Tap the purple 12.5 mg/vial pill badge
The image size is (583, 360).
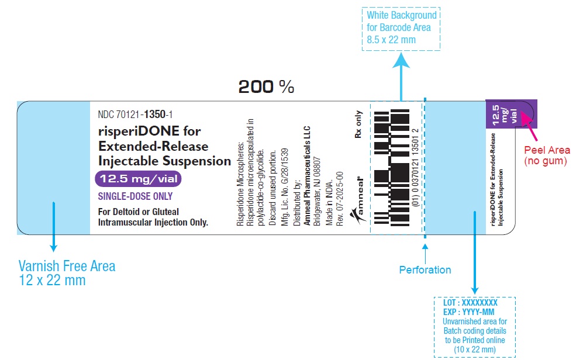[x=138, y=179]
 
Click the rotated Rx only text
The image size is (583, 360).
[x=358, y=124]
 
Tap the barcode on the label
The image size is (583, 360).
[x=392, y=167]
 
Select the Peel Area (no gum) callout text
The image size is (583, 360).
[x=546, y=155]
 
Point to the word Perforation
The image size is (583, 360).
[x=425, y=270]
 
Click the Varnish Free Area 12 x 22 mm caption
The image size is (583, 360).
[x=67, y=273]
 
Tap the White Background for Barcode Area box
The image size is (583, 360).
[x=401, y=27]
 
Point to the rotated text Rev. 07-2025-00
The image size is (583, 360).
[x=340, y=198]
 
